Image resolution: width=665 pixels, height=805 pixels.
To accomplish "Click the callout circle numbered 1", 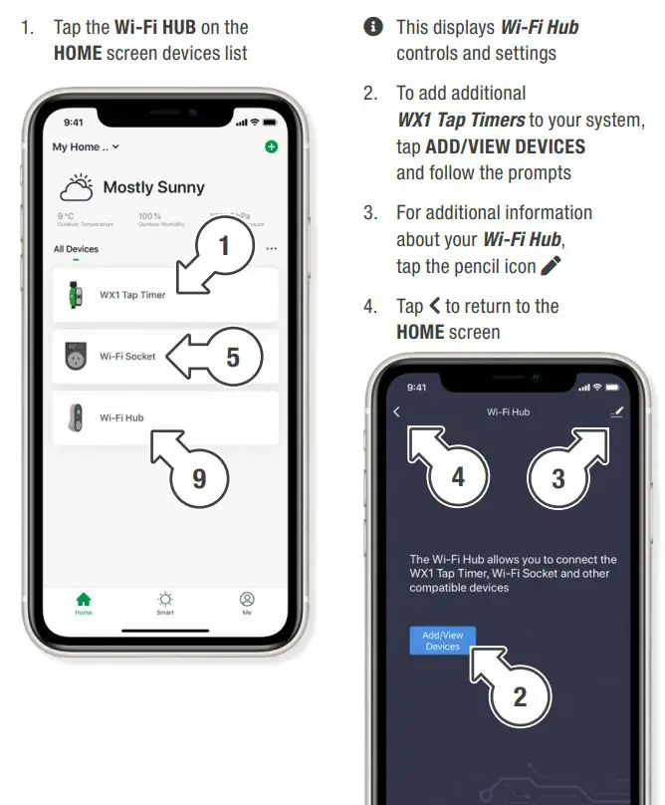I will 224,246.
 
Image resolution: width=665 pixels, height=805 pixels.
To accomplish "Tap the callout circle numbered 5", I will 232,357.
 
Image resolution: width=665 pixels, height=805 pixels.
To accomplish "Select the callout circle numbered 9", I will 199,478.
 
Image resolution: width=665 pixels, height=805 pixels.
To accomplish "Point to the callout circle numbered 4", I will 457,476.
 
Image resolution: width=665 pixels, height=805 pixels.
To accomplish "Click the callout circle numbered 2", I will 520,696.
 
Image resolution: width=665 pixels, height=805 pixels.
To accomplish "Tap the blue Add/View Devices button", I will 443,641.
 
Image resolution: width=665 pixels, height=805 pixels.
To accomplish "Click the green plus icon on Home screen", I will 271,146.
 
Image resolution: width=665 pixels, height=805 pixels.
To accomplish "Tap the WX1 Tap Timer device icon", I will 73,295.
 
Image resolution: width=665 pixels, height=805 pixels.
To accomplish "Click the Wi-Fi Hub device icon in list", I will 73,417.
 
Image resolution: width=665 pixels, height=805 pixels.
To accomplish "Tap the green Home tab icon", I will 84,599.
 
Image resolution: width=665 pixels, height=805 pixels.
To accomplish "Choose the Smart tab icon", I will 165,599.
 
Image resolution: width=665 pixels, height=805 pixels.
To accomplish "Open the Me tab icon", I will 247,599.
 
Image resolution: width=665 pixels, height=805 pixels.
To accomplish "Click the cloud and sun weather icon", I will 78,187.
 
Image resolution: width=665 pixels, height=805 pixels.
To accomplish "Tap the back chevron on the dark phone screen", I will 397,411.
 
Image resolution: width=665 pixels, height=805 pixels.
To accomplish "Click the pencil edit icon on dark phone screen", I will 616,411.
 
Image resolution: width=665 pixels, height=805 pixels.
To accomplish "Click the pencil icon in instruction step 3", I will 550,266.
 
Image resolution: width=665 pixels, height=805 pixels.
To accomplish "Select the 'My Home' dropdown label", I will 85,146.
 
